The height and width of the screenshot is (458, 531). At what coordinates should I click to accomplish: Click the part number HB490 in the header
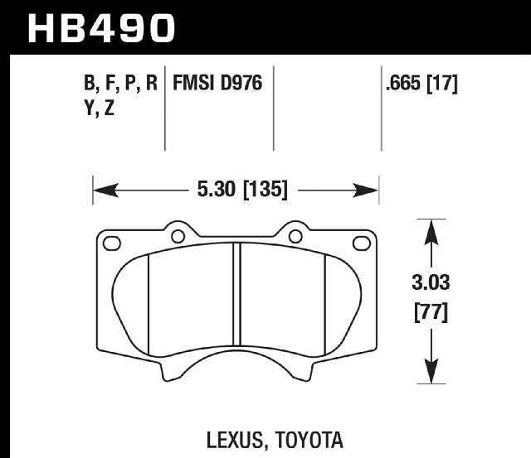(x=101, y=28)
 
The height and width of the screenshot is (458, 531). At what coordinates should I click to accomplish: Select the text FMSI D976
(x=217, y=83)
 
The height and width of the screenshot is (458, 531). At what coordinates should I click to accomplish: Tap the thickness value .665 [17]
(x=421, y=83)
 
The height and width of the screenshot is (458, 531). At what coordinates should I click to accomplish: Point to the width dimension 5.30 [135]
(x=242, y=190)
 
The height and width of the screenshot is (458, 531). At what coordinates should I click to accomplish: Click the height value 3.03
(x=431, y=282)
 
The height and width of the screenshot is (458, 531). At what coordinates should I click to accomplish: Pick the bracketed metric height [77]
(x=431, y=312)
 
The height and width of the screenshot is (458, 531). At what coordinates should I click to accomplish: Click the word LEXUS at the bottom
(x=234, y=440)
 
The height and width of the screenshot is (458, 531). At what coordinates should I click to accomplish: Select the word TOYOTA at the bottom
(x=309, y=440)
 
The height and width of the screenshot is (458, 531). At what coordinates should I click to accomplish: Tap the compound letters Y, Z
(x=100, y=108)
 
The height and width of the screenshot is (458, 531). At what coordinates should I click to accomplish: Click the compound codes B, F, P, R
(x=120, y=83)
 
